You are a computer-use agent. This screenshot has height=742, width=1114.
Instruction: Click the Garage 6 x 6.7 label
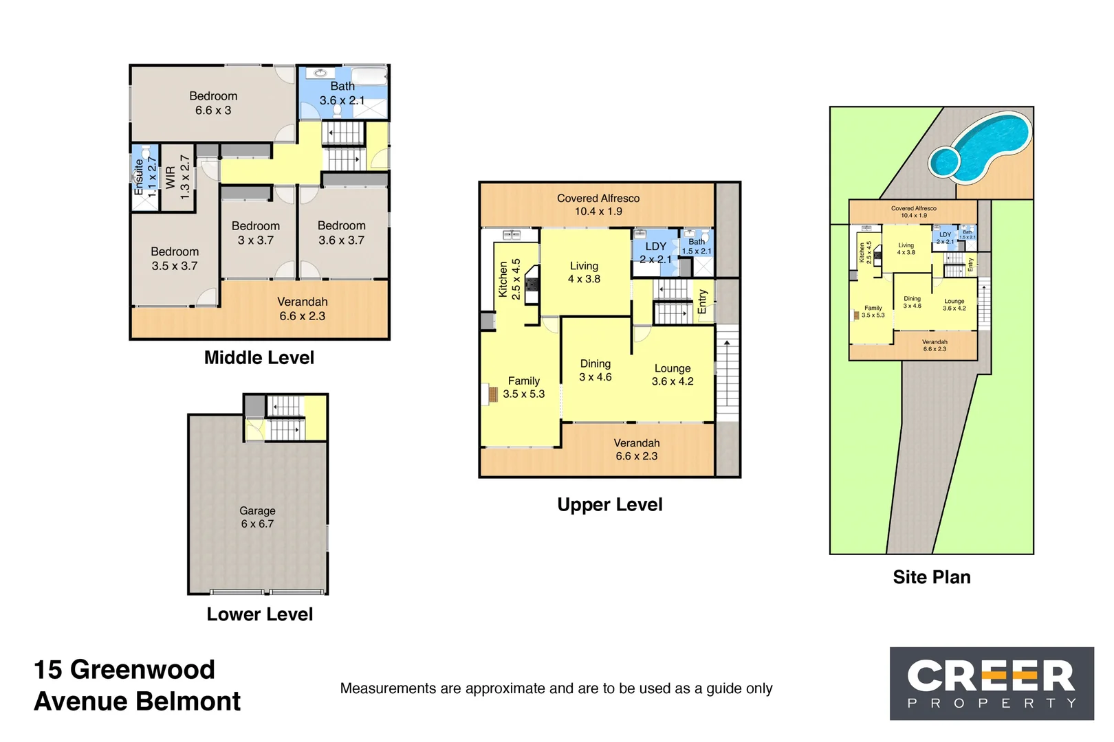257,517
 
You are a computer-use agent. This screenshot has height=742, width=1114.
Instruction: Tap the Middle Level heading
259,358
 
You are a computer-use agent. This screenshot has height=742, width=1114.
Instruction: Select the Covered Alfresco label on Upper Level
598,205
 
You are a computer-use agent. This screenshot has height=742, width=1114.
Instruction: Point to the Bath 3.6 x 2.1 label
342,93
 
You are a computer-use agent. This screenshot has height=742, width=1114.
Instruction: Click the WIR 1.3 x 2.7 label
177,178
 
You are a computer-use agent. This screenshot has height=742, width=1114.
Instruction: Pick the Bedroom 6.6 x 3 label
213,103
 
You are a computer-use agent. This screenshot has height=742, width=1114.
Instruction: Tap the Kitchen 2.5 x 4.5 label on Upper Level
510,279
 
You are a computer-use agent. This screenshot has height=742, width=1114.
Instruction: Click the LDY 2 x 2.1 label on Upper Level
655,253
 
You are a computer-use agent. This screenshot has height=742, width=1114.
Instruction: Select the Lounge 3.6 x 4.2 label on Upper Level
672,375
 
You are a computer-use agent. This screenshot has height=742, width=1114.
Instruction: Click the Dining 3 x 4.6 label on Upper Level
595,370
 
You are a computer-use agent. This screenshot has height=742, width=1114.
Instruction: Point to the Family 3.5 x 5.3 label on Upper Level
523,387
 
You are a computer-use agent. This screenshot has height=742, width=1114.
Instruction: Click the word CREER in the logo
990,677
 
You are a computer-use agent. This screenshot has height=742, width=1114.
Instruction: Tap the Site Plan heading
931,577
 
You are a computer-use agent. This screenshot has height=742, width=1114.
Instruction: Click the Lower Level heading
259,614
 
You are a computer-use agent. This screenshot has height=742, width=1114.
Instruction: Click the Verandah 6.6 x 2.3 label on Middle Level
302,309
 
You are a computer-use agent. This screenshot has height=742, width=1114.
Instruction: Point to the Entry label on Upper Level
702,302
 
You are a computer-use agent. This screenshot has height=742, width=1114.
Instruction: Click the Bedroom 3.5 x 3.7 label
175,259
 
